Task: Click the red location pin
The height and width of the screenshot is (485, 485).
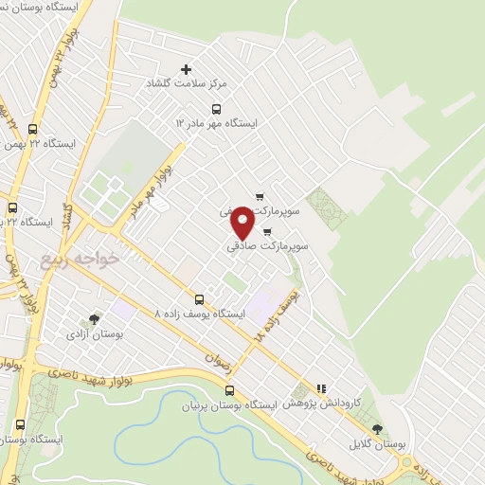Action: click(x=243, y=223)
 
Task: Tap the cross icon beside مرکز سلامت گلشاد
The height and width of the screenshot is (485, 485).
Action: click(x=186, y=69)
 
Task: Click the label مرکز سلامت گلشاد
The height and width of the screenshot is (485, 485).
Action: click(x=186, y=84)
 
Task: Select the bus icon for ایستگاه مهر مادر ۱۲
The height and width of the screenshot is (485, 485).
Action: click(x=216, y=108)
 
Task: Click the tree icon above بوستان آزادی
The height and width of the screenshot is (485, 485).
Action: click(x=93, y=319)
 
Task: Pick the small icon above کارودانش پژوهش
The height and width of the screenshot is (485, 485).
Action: click(x=321, y=388)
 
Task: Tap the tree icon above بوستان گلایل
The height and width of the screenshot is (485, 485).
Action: click(x=379, y=429)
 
